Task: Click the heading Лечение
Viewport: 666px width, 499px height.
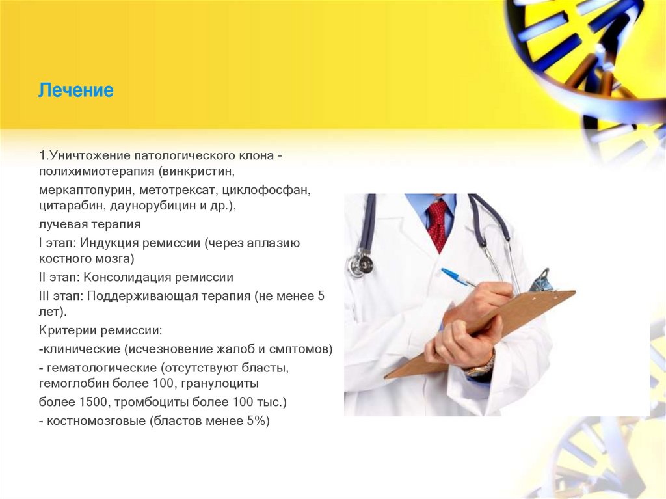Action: (x=75, y=90)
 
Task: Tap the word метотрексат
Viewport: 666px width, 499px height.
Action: (x=176, y=191)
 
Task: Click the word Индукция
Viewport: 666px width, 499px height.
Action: (x=114, y=243)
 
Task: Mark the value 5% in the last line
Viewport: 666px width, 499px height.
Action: (x=253, y=420)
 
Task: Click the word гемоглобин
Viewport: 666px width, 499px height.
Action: (x=73, y=384)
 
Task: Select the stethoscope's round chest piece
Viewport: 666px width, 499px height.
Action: (x=361, y=263)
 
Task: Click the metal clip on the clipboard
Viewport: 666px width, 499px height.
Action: (x=540, y=280)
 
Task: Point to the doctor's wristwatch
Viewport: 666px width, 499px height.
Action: (x=481, y=367)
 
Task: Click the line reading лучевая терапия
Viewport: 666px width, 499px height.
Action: (x=89, y=225)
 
